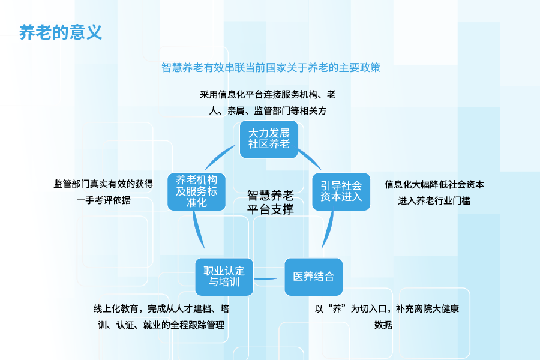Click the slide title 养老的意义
[61, 32]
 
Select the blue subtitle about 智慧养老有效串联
[271, 68]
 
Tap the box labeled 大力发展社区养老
[269, 139]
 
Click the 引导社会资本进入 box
[341, 191]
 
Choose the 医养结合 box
[314, 277]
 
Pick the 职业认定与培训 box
[224, 277]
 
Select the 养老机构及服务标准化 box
[197, 191]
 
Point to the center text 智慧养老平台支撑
[271, 202]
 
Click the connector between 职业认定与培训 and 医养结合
[266, 278]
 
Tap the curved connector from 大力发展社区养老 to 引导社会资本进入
[311, 158]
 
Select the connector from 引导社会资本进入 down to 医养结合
[329, 229]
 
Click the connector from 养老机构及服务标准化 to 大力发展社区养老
[219, 156]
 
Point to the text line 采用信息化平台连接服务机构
[268, 94]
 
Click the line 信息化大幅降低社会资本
[434, 185]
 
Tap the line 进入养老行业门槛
[434, 200]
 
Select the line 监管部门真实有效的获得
[103, 184]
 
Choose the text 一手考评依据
[103, 200]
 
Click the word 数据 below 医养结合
[383, 325]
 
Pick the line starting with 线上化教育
[161, 308]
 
